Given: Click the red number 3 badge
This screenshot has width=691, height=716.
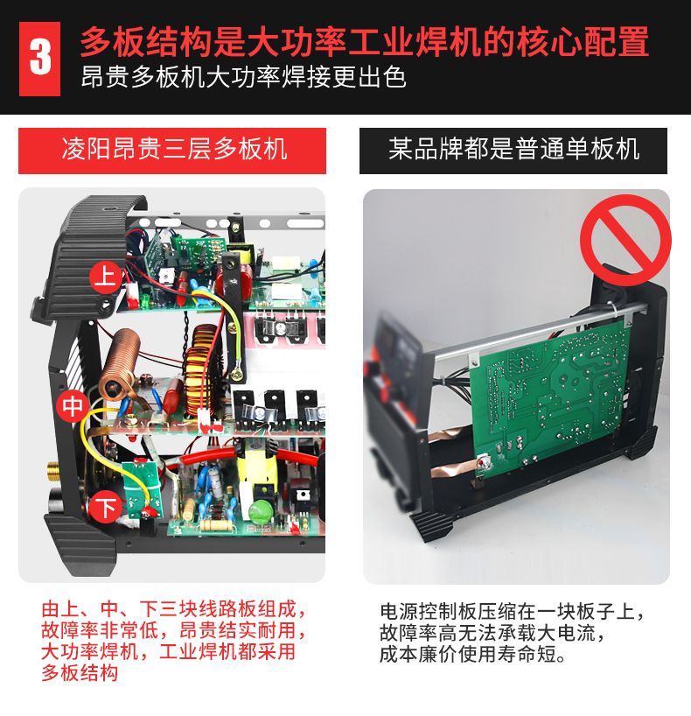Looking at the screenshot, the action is pyautogui.click(x=39, y=59).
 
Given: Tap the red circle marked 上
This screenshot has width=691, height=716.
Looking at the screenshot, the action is pyautogui.click(x=107, y=277).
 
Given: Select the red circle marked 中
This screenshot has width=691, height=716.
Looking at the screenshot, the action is pyautogui.click(x=73, y=406).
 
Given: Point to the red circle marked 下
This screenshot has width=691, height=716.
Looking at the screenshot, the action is pyautogui.click(x=106, y=508).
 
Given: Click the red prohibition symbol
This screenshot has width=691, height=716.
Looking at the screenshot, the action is pyautogui.click(x=625, y=240).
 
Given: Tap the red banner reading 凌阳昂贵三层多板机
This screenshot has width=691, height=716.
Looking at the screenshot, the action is pyautogui.click(x=172, y=151).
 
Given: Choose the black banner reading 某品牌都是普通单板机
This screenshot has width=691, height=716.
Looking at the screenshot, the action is pyautogui.click(x=513, y=151).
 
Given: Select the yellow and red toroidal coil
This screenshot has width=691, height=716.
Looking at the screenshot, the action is pyautogui.click(x=201, y=371).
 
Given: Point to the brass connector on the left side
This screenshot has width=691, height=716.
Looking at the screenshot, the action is pyautogui.click(x=53, y=471).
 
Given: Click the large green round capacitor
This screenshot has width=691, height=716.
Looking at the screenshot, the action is pyautogui.click(x=261, y=510).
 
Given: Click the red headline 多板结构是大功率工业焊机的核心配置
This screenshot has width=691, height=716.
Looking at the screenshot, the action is pyautogui.click(x=364, y=41).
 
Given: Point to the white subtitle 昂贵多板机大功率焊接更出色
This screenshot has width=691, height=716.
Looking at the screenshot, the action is pyautogui.click(x=243, y=77).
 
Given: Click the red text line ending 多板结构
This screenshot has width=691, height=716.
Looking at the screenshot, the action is pyautogui.click(x=80, y=672).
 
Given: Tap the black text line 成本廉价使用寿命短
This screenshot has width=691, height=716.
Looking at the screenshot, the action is pyautogui.click(x=473, y=654).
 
